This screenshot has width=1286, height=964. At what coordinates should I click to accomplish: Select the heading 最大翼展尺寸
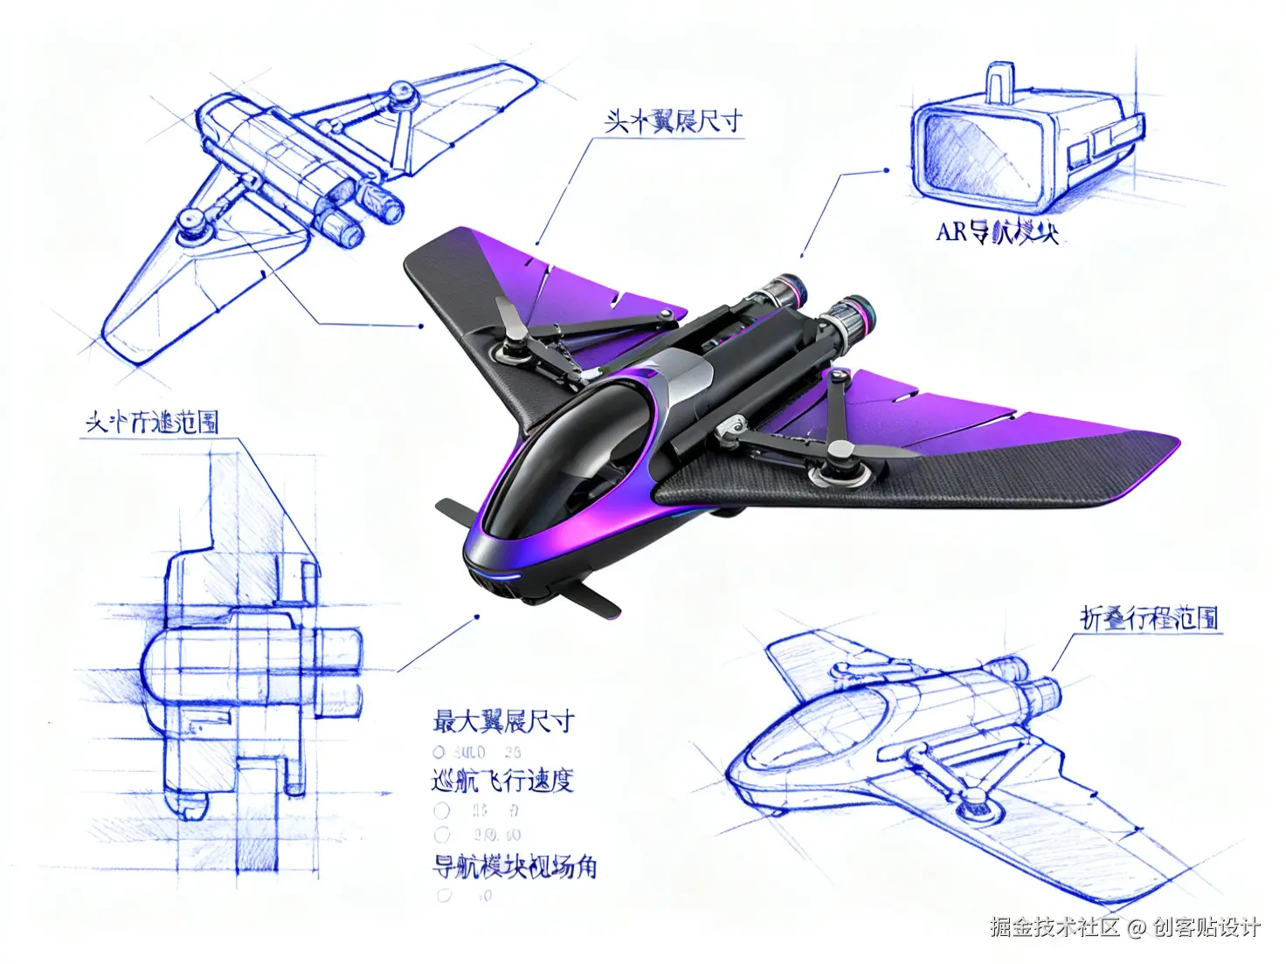coord(504,721)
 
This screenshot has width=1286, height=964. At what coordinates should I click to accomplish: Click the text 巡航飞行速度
coord(502,780)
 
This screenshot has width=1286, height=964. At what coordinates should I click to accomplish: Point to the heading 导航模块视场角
coord(515,866)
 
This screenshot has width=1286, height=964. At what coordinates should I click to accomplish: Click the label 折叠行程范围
coord(1149,618)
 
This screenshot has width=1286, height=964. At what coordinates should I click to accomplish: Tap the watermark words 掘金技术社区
coord(1054,926)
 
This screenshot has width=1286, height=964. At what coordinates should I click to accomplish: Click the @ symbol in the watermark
coord(1136,927)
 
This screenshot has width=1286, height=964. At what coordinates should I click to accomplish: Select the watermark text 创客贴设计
coord(1206,926)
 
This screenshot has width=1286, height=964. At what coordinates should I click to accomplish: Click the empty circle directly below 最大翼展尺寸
coord(439,752)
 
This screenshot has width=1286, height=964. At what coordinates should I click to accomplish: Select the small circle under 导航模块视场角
coord(444,895)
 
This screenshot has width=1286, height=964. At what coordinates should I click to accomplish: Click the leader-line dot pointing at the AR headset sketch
coord(887,171)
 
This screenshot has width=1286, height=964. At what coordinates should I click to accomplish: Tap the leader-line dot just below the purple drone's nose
coord(477,616)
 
